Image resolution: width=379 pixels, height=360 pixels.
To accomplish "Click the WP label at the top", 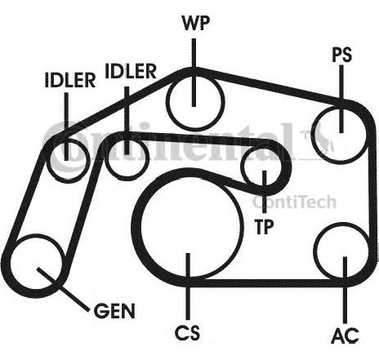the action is (x=195, y=24).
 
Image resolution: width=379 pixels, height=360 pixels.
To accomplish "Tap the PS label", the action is (x=342, y=55).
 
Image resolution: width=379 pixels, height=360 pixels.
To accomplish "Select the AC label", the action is (x=346, y=336).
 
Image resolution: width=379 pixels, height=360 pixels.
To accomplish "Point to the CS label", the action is (x=187, y=332).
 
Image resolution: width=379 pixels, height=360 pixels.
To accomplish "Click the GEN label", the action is (x=114, y=311).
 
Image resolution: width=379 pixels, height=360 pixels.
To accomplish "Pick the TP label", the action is (x=264, y=227).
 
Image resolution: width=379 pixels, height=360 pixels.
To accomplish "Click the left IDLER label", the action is (x=70, y=80).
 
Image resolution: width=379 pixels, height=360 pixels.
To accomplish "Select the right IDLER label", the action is (x=131, y=71).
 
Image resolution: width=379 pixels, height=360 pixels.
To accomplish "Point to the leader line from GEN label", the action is (x=63, y=290).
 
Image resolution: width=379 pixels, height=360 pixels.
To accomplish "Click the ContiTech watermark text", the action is (x=295, y=202).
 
